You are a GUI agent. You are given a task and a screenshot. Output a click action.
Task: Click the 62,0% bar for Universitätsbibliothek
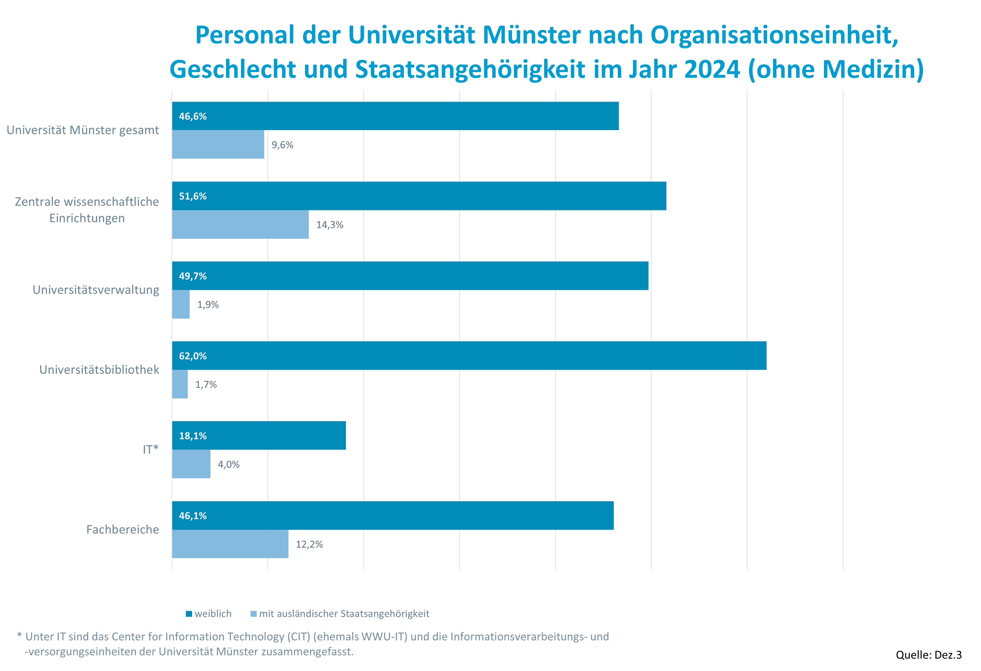pyautogui.click(x=468, y=355)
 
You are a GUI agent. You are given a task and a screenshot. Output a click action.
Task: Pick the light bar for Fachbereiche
pyautogui.click(x=230, y=544)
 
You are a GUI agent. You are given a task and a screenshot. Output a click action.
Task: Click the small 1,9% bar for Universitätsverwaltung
pyautogui.click(x=181, y=304)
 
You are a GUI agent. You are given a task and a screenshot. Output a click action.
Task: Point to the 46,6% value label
pyautogui.click(x=193, y=116)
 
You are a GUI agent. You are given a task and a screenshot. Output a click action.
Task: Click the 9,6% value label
pyautogui.click(x=282, y=145)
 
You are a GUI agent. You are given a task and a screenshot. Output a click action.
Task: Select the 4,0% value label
pyautogui.click(x=228, y=464)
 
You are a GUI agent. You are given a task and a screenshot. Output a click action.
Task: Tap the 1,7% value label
pyautogui.click(x=206, y=384)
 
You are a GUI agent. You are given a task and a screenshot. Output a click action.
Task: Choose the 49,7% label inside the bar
pyautogui.click(x=193, y=276)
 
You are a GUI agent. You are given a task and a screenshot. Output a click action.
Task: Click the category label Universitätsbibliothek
pyautogui.click(x=99, y=370)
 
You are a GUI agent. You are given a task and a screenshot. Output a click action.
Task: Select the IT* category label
pyautogui.click(x=150, y=449)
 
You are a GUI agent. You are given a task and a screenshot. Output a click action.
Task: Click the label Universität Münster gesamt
pyautogui.click(x=83, y=130)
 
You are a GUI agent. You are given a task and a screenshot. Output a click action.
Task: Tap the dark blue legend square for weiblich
pyautogui.click(x=189, y=614)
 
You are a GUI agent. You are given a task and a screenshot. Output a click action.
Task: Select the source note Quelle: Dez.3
pyautogui.click(x=928, y=654)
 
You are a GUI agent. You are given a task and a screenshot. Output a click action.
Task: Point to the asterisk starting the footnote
pyautogui.click(x=19, y=635)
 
